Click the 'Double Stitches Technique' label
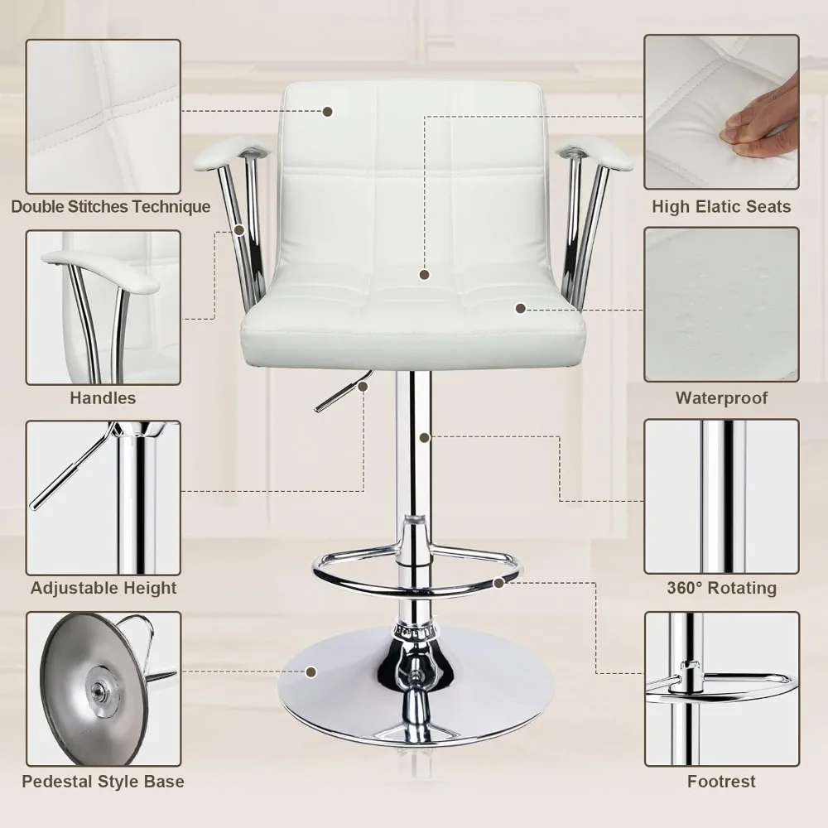tap(111, 206)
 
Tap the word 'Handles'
tap(103, 397)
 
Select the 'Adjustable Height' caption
tap(103, 588)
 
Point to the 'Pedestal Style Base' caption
tap(103, 781)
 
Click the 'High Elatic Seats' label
tap(721, 206)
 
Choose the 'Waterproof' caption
tap(721, 397)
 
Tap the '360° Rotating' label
tap(721, 588)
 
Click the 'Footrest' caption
tap(721, 781)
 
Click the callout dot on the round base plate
tap(311, 672)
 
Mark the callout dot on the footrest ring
tap(498, 582)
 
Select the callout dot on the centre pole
tap(425, 437)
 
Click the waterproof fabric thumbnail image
tap(721, 305)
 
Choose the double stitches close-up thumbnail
tap(103, 116)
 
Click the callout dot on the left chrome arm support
tap(239, 230)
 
